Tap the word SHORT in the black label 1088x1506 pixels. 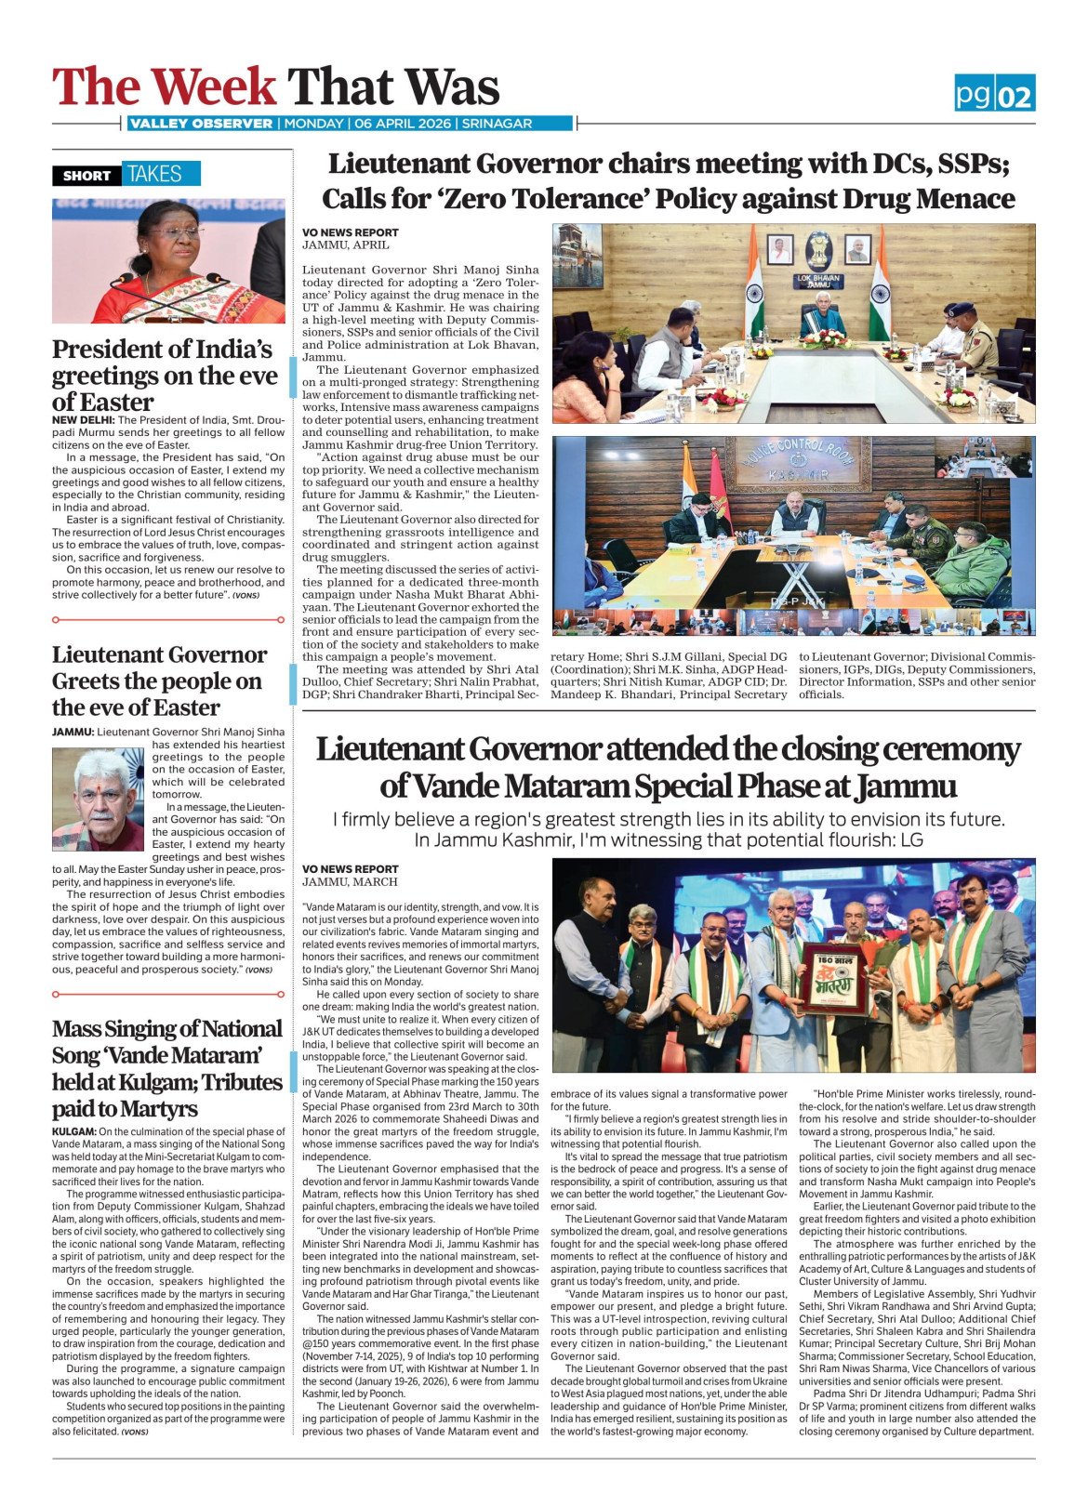coord(86,175)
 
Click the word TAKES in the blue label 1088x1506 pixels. coord(154,174)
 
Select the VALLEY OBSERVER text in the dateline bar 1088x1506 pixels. coord(201,124)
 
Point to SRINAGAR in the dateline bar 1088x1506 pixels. coord(497,124)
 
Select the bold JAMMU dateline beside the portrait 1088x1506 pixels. coord(73,732)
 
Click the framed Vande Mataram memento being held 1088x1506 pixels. coord(833,978)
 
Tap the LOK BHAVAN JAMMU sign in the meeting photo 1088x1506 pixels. coord(817,280)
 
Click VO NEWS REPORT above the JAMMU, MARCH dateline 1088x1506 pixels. coord(350,868)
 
